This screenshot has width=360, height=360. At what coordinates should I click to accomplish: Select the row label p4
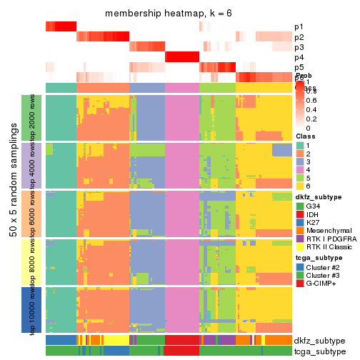(299, 57)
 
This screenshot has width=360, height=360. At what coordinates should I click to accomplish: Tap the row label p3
(299, 47)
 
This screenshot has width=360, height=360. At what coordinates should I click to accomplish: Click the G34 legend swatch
(300, 207)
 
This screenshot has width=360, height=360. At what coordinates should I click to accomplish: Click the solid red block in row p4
(182, 57)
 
